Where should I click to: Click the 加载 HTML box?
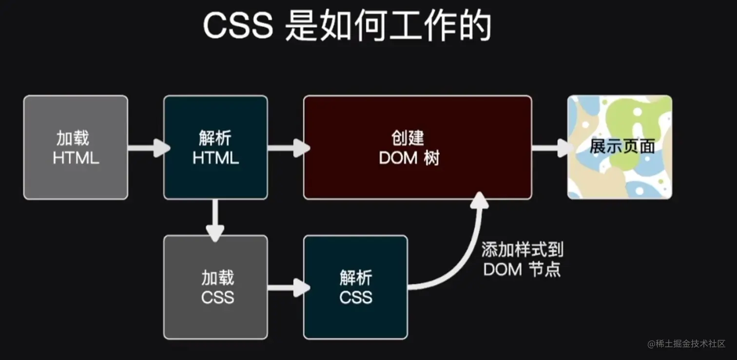(76, 147)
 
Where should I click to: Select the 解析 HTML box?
(215, 147)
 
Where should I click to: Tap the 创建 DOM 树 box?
(417, 147)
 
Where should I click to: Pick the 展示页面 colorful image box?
(620, 147)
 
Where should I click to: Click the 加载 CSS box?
(215, 287)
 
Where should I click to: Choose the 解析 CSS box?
(355, 287)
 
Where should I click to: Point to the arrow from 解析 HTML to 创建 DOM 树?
(288, 147)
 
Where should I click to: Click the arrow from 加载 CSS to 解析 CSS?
(288, 287)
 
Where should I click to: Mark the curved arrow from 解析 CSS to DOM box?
(463, 253)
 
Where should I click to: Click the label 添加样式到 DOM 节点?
(523, 259)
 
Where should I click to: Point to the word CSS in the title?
(237, 26)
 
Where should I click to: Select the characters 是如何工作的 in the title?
(388, 26)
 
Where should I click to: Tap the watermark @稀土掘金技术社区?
(686, 344)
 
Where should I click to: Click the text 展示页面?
(622, 147)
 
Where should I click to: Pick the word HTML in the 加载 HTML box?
(76, 158)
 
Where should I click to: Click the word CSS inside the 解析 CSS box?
(355, 297)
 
